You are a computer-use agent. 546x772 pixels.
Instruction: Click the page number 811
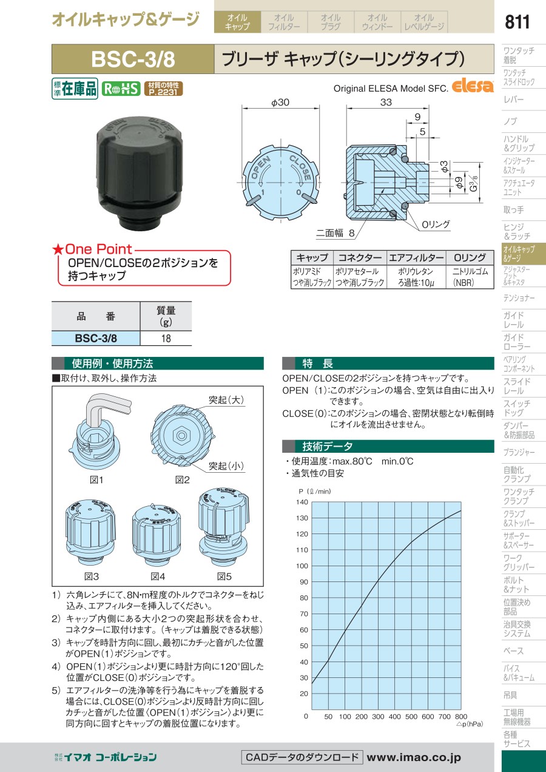click(517, 22)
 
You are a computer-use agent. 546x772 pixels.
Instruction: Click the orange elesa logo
click(473, 86)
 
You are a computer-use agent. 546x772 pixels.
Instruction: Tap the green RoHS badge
click(121, 89)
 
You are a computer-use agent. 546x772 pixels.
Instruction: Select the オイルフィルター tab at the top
click(284, 22)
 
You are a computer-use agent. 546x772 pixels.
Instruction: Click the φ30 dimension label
click(280, 103)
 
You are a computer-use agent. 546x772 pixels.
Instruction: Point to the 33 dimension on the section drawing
click(386, 103)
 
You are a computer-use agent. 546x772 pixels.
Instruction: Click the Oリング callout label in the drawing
click(436, 225)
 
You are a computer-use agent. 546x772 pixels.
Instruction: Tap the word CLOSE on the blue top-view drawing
click(300, 168)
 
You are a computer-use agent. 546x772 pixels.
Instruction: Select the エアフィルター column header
click(416, 257)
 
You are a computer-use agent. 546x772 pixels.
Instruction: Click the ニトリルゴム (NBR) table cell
click(470, 277)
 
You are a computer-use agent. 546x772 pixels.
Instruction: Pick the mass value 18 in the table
click(166, 339)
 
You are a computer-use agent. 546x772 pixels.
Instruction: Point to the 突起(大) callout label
click(226, 400)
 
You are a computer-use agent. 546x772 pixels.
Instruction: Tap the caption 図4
click(158, 576)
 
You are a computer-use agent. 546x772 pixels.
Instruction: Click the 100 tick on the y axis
click(302, 566)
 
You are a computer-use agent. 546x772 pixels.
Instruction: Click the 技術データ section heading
click(327, 446)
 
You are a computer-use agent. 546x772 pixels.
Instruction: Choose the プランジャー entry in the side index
click(519, 452)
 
